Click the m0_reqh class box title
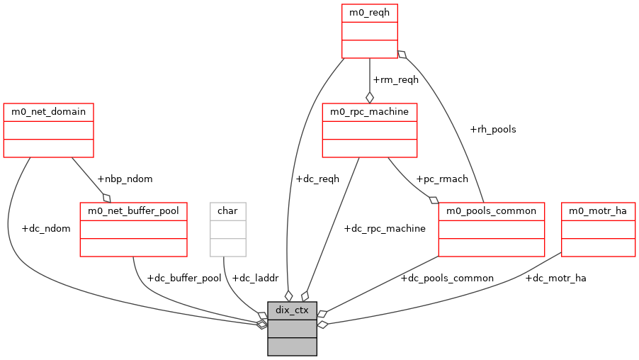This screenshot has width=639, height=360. pos(369,13)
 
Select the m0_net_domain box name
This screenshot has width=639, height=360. pos(49,112)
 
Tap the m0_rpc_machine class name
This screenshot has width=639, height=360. pos(369,112)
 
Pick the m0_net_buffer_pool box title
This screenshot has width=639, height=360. pos(133,211)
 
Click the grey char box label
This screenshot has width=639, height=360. pos(227,211)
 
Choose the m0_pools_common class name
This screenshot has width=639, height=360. pos(491,211)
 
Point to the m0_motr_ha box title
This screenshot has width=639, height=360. pos(598,211)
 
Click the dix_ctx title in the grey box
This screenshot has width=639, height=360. pos(292,310)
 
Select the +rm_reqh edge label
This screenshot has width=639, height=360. pos(395,80)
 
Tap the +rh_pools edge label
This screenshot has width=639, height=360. pos(492,130)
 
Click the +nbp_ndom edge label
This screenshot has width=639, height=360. pos(125,179)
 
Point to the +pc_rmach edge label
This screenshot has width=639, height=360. pos(441,179)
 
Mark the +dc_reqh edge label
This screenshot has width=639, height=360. pos(317,179)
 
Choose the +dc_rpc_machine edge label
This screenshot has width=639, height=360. pos(384,229)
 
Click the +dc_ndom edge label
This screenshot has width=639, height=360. pos(46,229)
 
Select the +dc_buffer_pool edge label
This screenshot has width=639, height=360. pos(183,279)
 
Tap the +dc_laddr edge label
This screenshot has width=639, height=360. pos(256,279)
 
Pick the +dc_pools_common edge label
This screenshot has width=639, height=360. pos(447,279)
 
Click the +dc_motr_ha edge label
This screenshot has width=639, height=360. pos(555,279)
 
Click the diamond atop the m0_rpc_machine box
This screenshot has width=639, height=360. pos(369,97)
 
